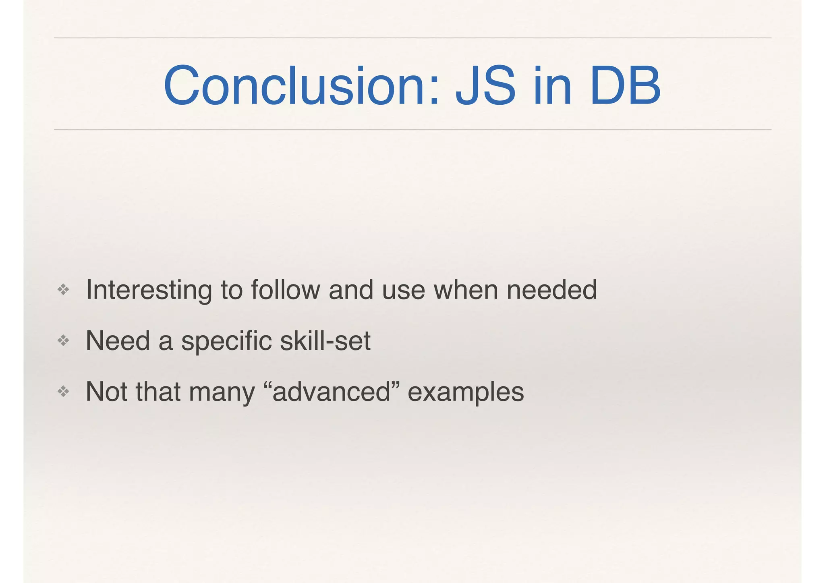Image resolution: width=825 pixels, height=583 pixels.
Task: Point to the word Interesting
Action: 149,290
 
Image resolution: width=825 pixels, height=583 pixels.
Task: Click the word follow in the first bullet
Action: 285,290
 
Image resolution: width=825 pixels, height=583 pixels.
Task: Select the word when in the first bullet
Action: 465,290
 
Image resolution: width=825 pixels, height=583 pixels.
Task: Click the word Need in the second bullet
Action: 118,341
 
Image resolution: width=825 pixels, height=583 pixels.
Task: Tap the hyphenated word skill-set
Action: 325,341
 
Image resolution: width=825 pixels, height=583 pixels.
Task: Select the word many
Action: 222,392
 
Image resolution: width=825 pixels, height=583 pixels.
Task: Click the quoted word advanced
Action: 331,392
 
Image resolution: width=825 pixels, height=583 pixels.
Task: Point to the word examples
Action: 466,392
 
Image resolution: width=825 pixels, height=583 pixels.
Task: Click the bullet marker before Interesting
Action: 63,289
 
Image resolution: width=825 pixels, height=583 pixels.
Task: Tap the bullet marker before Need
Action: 63,341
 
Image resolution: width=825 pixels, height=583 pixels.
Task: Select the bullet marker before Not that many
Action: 63,391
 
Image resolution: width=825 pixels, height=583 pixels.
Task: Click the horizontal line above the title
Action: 412,38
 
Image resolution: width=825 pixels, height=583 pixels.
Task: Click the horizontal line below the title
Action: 412,130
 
